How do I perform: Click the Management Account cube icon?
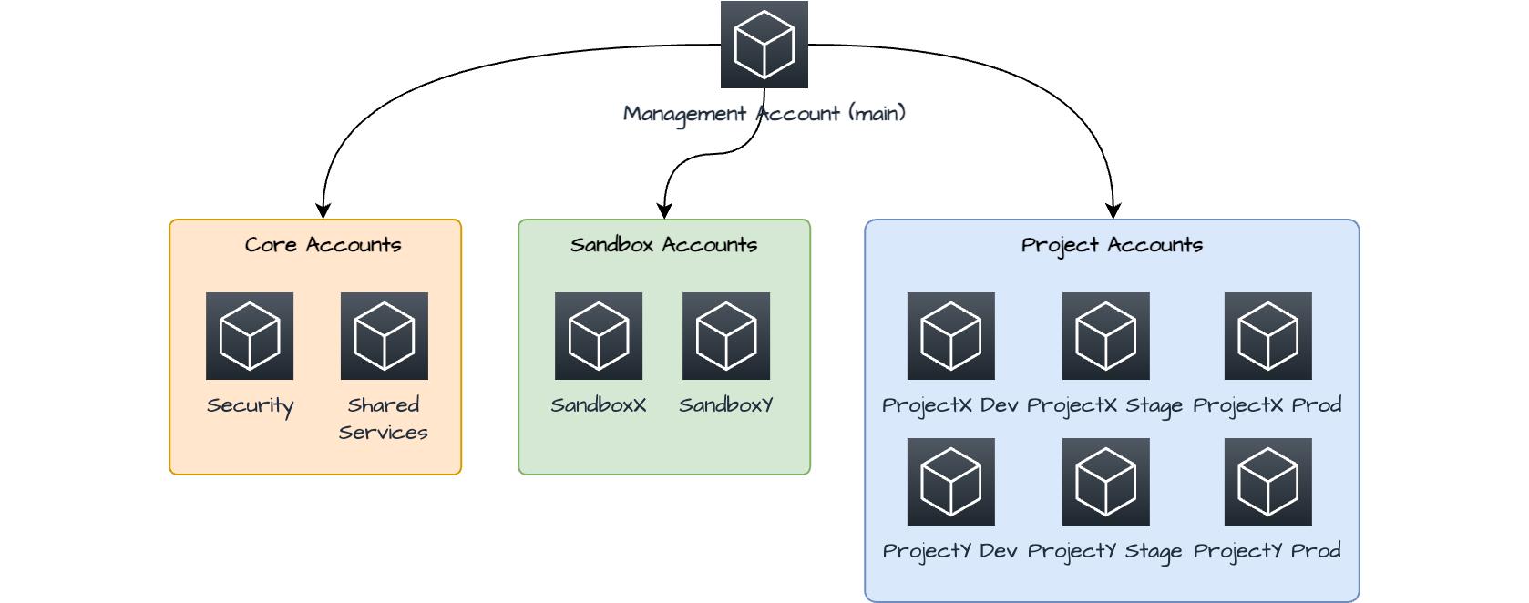(x=764, y=45)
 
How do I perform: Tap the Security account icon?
(x=250, y=336)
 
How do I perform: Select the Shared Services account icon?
(x=384, y=336)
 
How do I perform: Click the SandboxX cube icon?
(x=599, y=336)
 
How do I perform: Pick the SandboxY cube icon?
(x=726, y=336)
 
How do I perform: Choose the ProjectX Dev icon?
(x=950, y=336)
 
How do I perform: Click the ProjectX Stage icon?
(x=1105, y=336)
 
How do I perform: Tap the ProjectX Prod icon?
(x=1267, y=336)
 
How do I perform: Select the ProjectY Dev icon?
(x=950, y=482)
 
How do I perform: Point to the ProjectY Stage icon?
(x=1105, y=482)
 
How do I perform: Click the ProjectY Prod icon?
(x=1267, y=482)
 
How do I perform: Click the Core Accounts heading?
(x=323, y=245)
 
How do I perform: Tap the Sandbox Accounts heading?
(x=663, y=245)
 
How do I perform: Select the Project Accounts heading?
(x=1112, y=245)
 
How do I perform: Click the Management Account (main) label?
(x=764, y=114)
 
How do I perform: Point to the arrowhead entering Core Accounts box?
(x=323, y=211)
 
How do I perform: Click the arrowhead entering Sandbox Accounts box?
(x=664, y=211)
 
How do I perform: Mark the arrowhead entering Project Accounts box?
(x=1113, y=211)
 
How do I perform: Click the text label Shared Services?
(x=384, y=418)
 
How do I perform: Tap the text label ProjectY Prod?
(x=1267, y=551)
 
